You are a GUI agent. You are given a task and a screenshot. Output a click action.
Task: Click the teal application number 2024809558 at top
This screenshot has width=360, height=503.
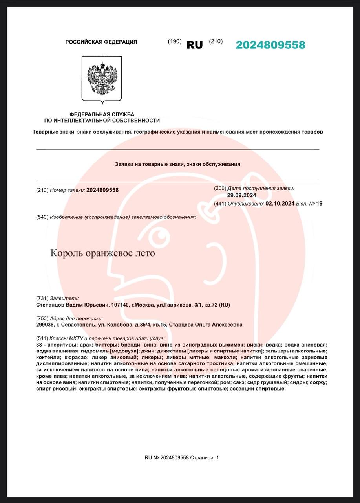270,45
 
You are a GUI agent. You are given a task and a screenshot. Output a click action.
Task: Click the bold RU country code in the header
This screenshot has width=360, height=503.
195,45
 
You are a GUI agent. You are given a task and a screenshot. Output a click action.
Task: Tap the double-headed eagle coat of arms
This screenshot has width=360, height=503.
102,79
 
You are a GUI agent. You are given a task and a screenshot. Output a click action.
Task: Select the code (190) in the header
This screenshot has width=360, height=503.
175,42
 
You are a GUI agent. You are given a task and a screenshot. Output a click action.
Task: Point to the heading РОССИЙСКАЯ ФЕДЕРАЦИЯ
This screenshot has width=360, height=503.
101,42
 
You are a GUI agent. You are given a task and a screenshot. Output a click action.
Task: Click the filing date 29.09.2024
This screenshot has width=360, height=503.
241,195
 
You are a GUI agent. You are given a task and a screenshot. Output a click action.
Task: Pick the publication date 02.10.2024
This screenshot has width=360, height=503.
280,204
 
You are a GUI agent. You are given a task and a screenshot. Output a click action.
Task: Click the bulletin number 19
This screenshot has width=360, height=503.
319,204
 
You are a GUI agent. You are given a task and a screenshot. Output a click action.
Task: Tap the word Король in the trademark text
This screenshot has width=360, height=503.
64,253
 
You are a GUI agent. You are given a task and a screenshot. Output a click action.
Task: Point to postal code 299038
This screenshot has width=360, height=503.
44,325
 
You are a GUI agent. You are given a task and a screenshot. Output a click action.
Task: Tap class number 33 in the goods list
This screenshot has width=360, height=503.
38,344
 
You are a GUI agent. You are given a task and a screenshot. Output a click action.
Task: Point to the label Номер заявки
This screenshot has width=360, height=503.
67,190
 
